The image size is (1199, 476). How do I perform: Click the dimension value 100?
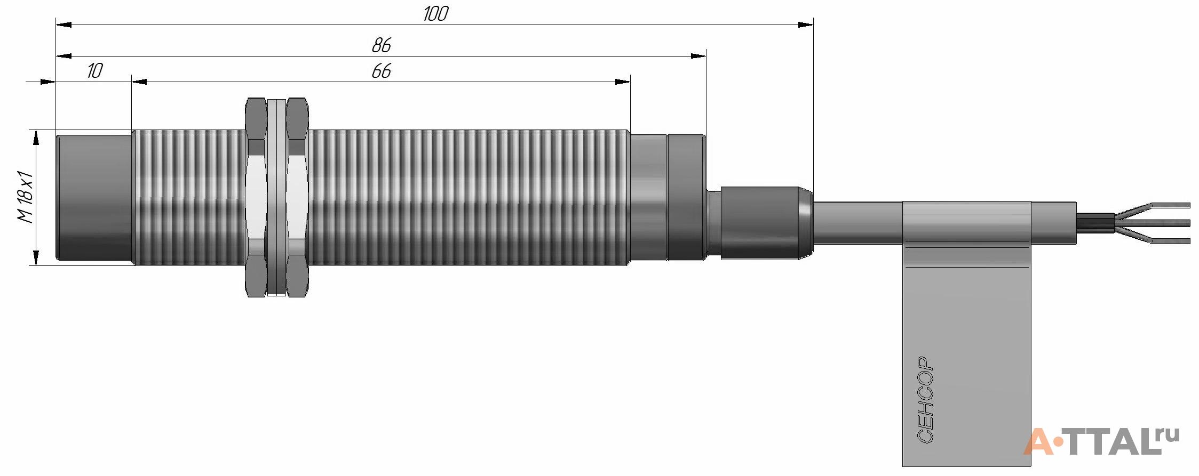(x=435, y=14)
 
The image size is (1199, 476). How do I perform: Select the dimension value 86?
(x=382, y=45)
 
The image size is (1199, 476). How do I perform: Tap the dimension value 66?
(x=382, y=71)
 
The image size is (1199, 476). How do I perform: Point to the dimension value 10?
(x=94, y=71)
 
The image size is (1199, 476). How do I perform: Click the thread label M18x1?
(x=25, y=197)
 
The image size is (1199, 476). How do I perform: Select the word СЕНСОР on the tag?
(x=926, y=400)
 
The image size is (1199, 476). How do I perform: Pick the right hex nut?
(x=297, y=197)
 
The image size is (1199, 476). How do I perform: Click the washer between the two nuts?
(x=276, y=197)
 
